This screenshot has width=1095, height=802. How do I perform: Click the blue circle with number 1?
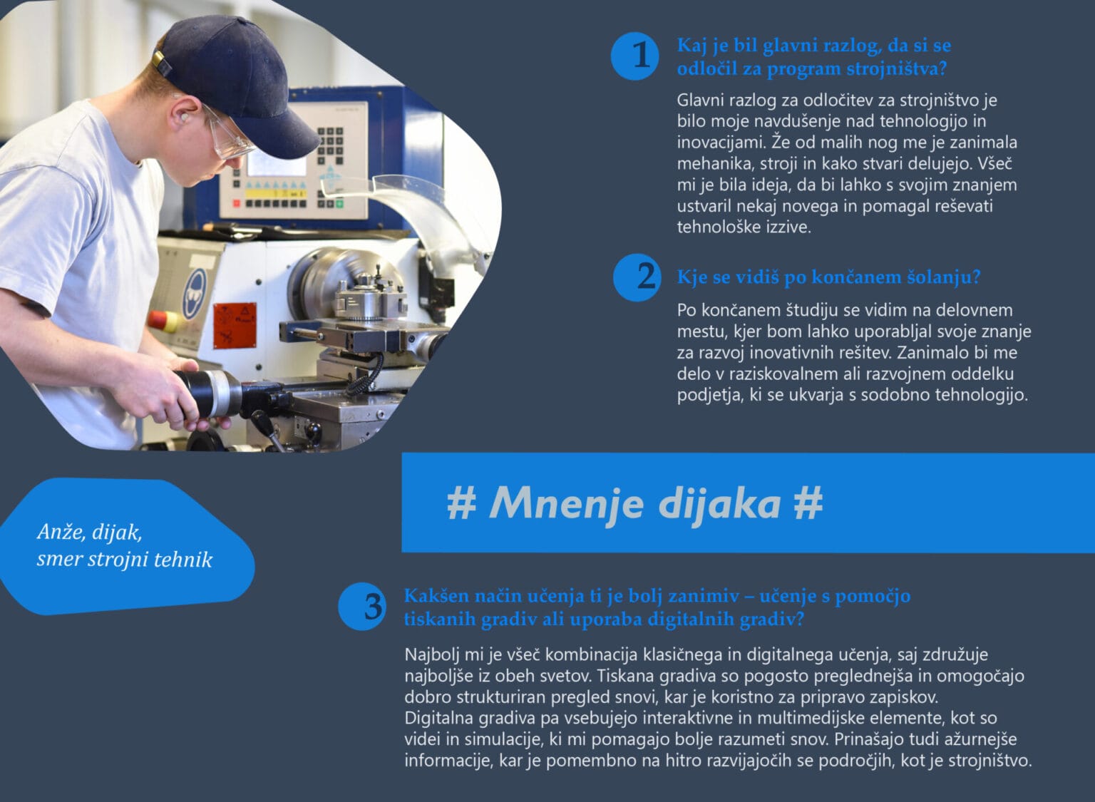pyautogui.click(x=634, y=56)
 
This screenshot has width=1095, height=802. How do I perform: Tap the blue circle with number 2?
pyautogui.click(x=637, y=277)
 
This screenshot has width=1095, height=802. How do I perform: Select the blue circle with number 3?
pyautogui.click(x=362, y=606)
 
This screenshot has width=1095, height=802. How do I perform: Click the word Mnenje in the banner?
pyautogui.click(x=566, y=504)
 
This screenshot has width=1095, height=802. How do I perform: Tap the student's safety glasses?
pyautogui.click(x=227, y=135)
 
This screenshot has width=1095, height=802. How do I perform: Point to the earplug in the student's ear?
pyautogui.click(x=185, y=118)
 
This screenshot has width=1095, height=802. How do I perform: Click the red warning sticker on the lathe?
pyautogui.click(x=235, y=326)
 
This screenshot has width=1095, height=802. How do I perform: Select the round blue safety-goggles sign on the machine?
pyautogui.click(x=195, y=294)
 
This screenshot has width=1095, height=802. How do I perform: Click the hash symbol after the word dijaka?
pyautogui.click(x=808, y=503)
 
